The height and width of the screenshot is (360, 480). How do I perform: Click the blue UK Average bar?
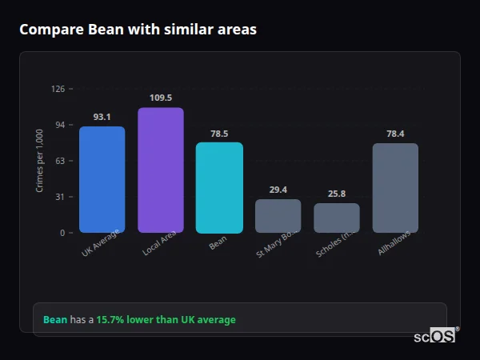coord(102,179)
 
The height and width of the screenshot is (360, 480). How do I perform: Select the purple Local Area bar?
coord(160,170)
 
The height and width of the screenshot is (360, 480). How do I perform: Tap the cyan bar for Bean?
coord(219,187)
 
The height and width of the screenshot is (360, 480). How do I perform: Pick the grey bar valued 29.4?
coord(278,216)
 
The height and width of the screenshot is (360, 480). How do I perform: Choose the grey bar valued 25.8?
coord(337,218)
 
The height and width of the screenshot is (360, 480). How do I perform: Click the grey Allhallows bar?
coord(395,187)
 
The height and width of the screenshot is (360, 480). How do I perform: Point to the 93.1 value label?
coord(102,117)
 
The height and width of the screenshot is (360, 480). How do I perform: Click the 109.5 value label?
coord(160,98)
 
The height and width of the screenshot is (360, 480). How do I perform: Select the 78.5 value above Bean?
coord(219,134)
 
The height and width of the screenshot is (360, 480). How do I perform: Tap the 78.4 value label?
coord(395,134)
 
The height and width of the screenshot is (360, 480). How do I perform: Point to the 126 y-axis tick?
coord(58,89)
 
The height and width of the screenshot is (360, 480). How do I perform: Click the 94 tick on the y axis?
coord(59,125)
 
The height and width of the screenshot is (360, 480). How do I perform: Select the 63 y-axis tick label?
coord(59,161)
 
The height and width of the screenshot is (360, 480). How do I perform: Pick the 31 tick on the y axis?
coord(59,197)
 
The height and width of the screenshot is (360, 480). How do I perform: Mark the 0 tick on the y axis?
coord(62,233)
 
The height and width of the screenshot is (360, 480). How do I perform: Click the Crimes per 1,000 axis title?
coord(39,161)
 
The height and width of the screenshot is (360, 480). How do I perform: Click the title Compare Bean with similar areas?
coord(138,30)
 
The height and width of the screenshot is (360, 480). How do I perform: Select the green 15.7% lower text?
coord(166,320)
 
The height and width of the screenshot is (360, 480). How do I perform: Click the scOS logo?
coord(435,336)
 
